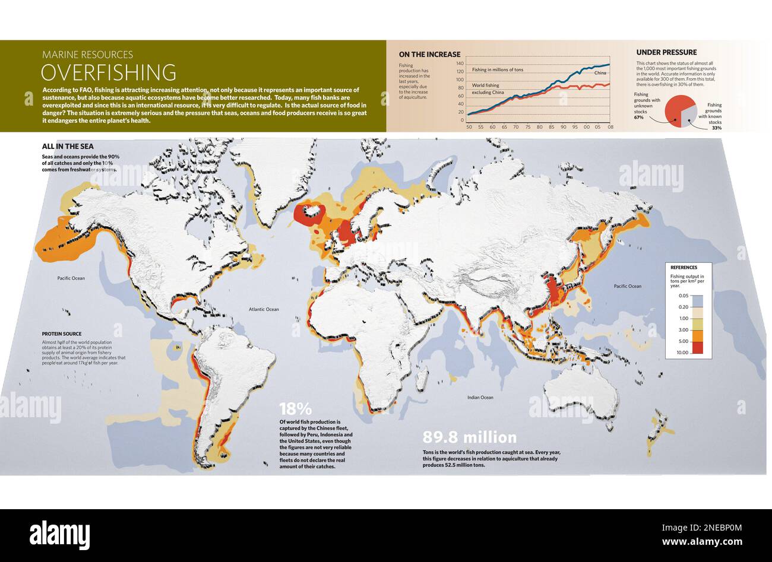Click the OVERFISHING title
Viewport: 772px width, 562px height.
coord(108,72)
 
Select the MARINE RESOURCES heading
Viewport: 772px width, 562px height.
coord(87,55)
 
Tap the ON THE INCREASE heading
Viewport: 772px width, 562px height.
coord(429,55)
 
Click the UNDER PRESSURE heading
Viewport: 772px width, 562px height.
coord(666,52)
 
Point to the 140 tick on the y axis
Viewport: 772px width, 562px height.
coord(460,63)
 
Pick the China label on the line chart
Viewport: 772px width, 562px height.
coord(600,72)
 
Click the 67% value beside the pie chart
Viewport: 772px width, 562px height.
coord(638,118)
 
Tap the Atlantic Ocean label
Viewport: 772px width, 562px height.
coord(264,309)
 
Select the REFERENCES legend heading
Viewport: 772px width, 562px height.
coord(684,268)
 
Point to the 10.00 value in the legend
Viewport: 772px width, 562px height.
coord(682,353)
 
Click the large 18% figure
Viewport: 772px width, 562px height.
coord(295,409)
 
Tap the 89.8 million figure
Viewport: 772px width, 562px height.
coord(469,438)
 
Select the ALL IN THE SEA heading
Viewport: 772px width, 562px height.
coord(68,147)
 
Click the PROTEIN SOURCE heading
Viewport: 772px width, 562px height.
coord(62,334)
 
